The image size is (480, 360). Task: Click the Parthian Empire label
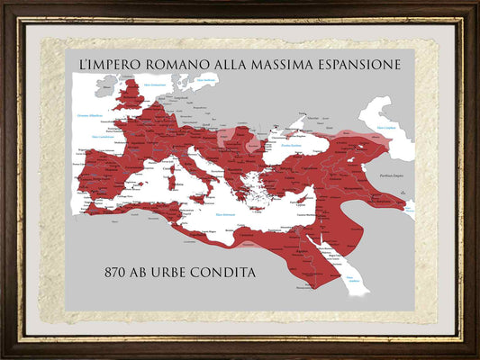coord(394,175)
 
